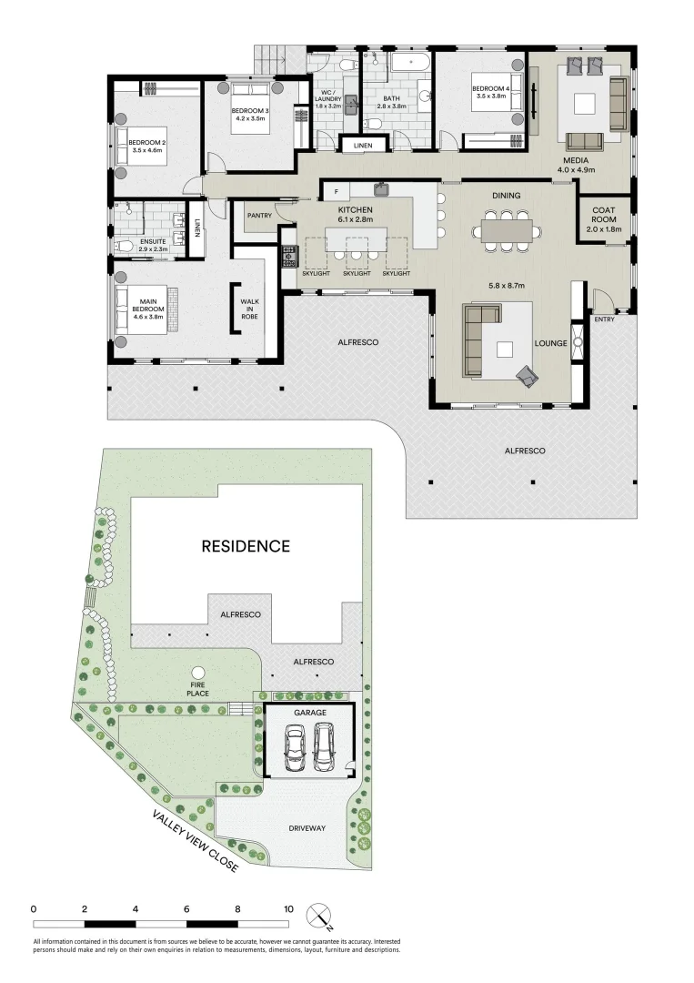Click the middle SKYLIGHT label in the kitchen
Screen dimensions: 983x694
357,273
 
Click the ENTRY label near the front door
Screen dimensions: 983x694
604,319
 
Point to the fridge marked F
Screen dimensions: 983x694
336,192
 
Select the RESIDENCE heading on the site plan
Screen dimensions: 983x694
246,546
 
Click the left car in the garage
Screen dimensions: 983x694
294,745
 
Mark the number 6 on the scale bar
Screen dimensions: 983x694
186,908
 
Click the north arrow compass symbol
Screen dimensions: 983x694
319,914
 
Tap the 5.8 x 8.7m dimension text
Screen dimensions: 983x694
508,285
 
